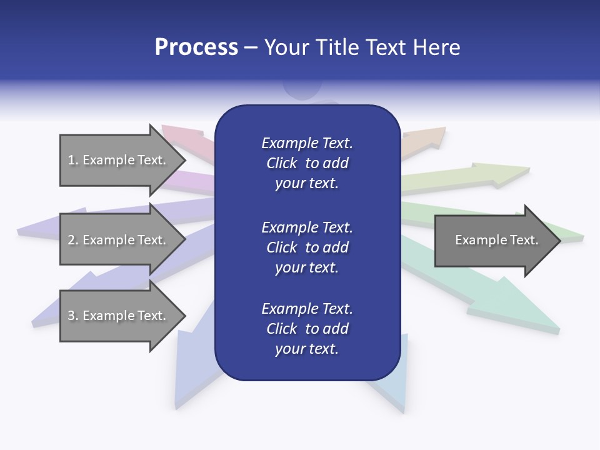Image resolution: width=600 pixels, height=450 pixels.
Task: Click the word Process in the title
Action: [x=196, y=47]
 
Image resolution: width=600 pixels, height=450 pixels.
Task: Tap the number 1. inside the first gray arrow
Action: [x=73, y=160]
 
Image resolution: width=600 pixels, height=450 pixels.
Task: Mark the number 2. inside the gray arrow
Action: [x=73, y=240]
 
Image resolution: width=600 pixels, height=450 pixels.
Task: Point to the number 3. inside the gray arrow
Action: [x=73, y=316]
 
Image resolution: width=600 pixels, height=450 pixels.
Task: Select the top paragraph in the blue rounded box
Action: [x=307, y=163]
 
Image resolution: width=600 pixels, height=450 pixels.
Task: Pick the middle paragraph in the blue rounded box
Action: [x=307, y=247]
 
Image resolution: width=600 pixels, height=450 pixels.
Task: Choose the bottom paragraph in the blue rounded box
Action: [x=307, y=329]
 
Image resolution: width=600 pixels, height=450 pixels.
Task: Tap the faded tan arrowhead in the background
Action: [x=431, y=136]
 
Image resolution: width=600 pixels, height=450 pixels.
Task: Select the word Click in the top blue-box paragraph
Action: [x=281, y=163]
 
